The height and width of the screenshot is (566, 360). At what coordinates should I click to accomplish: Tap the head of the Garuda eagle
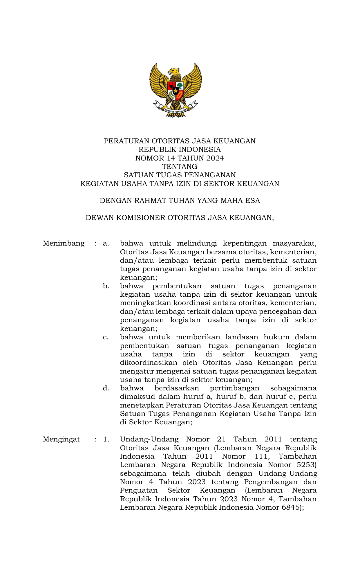click(174, 71)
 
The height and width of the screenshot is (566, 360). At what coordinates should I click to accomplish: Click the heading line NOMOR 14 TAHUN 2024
click(180, 158)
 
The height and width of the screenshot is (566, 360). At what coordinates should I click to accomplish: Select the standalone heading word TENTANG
click(180, 167)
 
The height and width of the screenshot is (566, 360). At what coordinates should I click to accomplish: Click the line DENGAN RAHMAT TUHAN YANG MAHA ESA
click(180, 201)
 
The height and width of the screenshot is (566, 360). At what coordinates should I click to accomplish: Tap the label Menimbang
click(64, 243)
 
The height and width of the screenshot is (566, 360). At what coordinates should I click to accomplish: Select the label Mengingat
click(61, 439)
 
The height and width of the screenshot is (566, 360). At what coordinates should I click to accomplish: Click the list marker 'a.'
click(106, 243)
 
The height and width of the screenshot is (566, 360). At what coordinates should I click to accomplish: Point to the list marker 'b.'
click(106, 286)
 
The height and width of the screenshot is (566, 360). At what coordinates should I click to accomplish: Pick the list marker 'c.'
click(106, 337)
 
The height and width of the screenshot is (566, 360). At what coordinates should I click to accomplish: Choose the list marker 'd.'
click(106, 388)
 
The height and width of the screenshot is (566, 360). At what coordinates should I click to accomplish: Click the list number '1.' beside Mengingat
click(106, 439)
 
